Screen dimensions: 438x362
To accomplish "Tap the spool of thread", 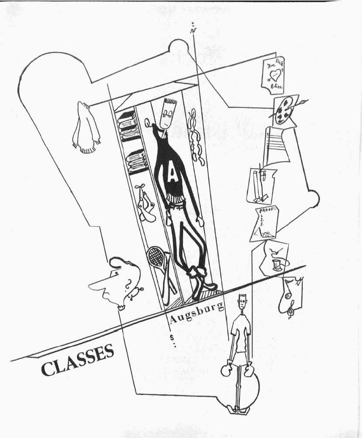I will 277,264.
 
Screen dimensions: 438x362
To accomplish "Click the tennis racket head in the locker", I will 155,256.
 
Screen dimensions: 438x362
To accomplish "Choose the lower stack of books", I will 136,161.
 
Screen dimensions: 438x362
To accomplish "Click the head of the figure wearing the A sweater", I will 167,114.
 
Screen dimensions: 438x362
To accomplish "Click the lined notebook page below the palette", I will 276,143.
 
